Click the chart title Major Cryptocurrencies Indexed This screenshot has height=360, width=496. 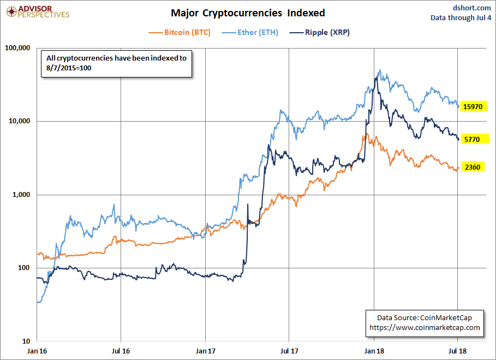coord(248,13)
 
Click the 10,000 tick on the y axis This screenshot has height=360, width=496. coord(19,121)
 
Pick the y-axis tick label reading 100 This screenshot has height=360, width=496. coord(24,268)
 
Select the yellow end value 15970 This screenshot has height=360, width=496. coord(472,106)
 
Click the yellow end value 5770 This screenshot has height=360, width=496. coord(472,140)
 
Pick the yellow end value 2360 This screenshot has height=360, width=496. coord(472,167)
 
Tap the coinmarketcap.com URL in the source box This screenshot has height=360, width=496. coord(425,327)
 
